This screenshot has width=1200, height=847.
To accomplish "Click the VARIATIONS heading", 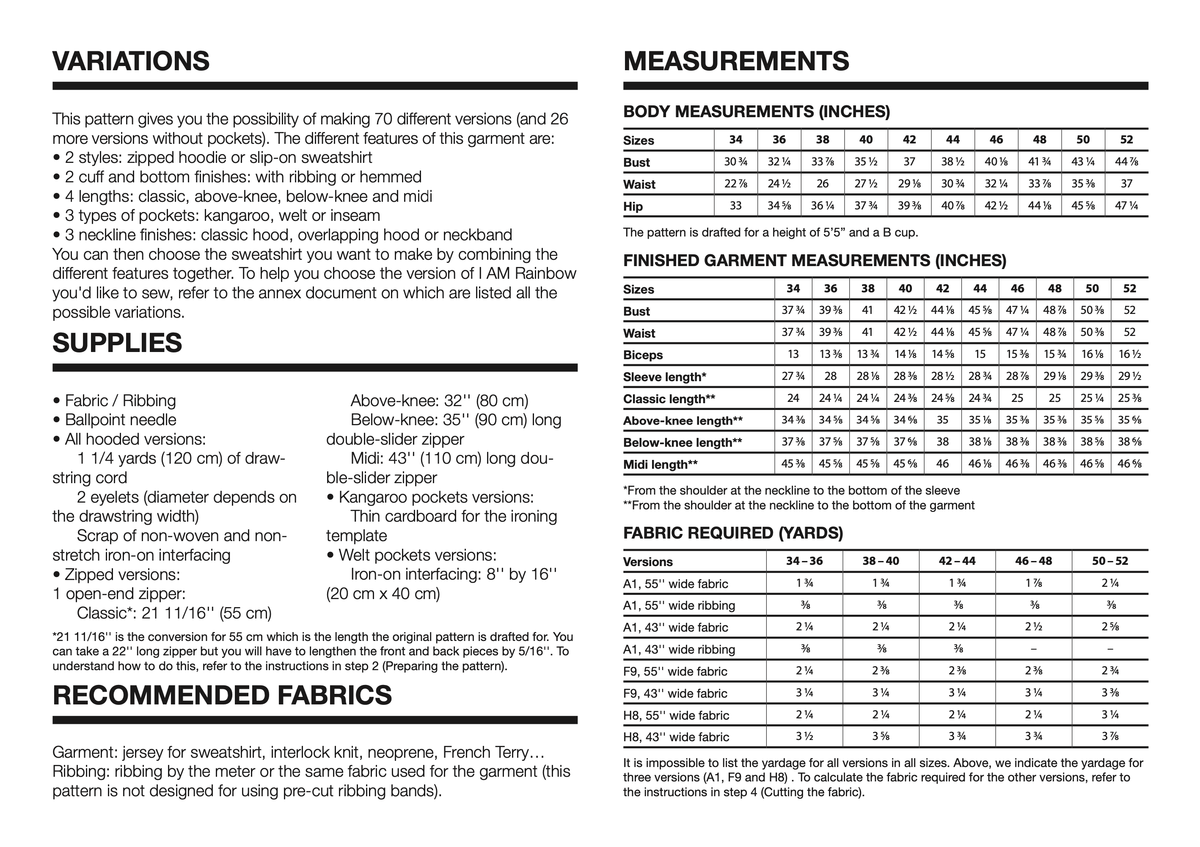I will click(x=131, y=61).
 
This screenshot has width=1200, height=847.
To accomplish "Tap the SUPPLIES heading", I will click(x=117, y=343).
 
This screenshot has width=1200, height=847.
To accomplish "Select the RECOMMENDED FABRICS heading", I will click(x=222, y=696).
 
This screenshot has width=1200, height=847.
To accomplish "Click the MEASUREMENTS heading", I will click(x=736, y=61).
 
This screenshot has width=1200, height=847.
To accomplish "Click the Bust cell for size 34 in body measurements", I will click(x=735, y=162).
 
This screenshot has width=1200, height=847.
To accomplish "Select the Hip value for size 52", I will click(x=1126, y=206).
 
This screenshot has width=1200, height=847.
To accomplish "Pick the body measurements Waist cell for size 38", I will click(x=822, y=184).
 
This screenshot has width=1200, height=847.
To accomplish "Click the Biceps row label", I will click(x=643, y=355).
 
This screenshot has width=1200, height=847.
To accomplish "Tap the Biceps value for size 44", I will click(x=980, y=354).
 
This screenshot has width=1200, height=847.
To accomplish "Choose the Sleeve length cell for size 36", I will click(x=831, y=376).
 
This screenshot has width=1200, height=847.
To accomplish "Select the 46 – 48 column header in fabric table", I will click(x=1033, y=561).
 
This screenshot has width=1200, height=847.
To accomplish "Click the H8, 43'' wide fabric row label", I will click(x=676, y=737).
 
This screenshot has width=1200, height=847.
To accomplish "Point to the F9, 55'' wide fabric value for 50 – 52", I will click(x=1110, y=671).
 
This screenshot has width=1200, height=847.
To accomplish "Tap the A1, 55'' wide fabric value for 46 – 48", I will click(x=1033, y=583).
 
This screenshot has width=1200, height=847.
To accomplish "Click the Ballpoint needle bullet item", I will click(x=120, y=420).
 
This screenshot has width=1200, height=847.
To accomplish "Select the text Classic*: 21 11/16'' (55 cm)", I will click(x=174, y=613).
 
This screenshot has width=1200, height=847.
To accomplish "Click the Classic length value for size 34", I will click(x=793, y=398).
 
